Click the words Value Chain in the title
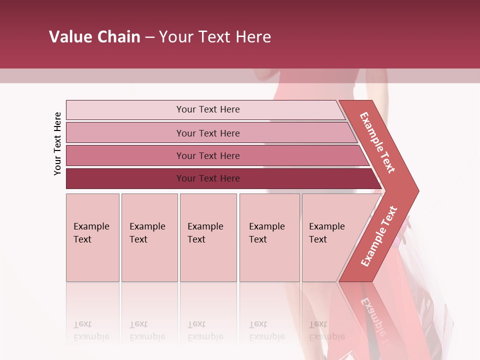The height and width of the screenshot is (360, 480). [94, 37]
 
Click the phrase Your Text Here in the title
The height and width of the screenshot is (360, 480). [215, 37]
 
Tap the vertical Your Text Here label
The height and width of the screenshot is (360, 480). [57, 143]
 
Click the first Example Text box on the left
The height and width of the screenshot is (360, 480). [92, 237]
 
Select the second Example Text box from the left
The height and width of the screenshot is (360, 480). [149, 237]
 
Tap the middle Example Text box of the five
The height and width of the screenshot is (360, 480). [208, 237]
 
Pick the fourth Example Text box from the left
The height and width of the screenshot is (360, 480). [269, 237]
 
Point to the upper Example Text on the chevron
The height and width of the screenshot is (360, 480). [377, 142]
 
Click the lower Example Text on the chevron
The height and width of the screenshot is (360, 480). [379, 236]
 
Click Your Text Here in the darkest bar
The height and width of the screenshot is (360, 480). [208, 178]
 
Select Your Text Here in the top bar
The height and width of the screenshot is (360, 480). [208, 109]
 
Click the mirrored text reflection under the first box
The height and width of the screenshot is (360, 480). [91, 330]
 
